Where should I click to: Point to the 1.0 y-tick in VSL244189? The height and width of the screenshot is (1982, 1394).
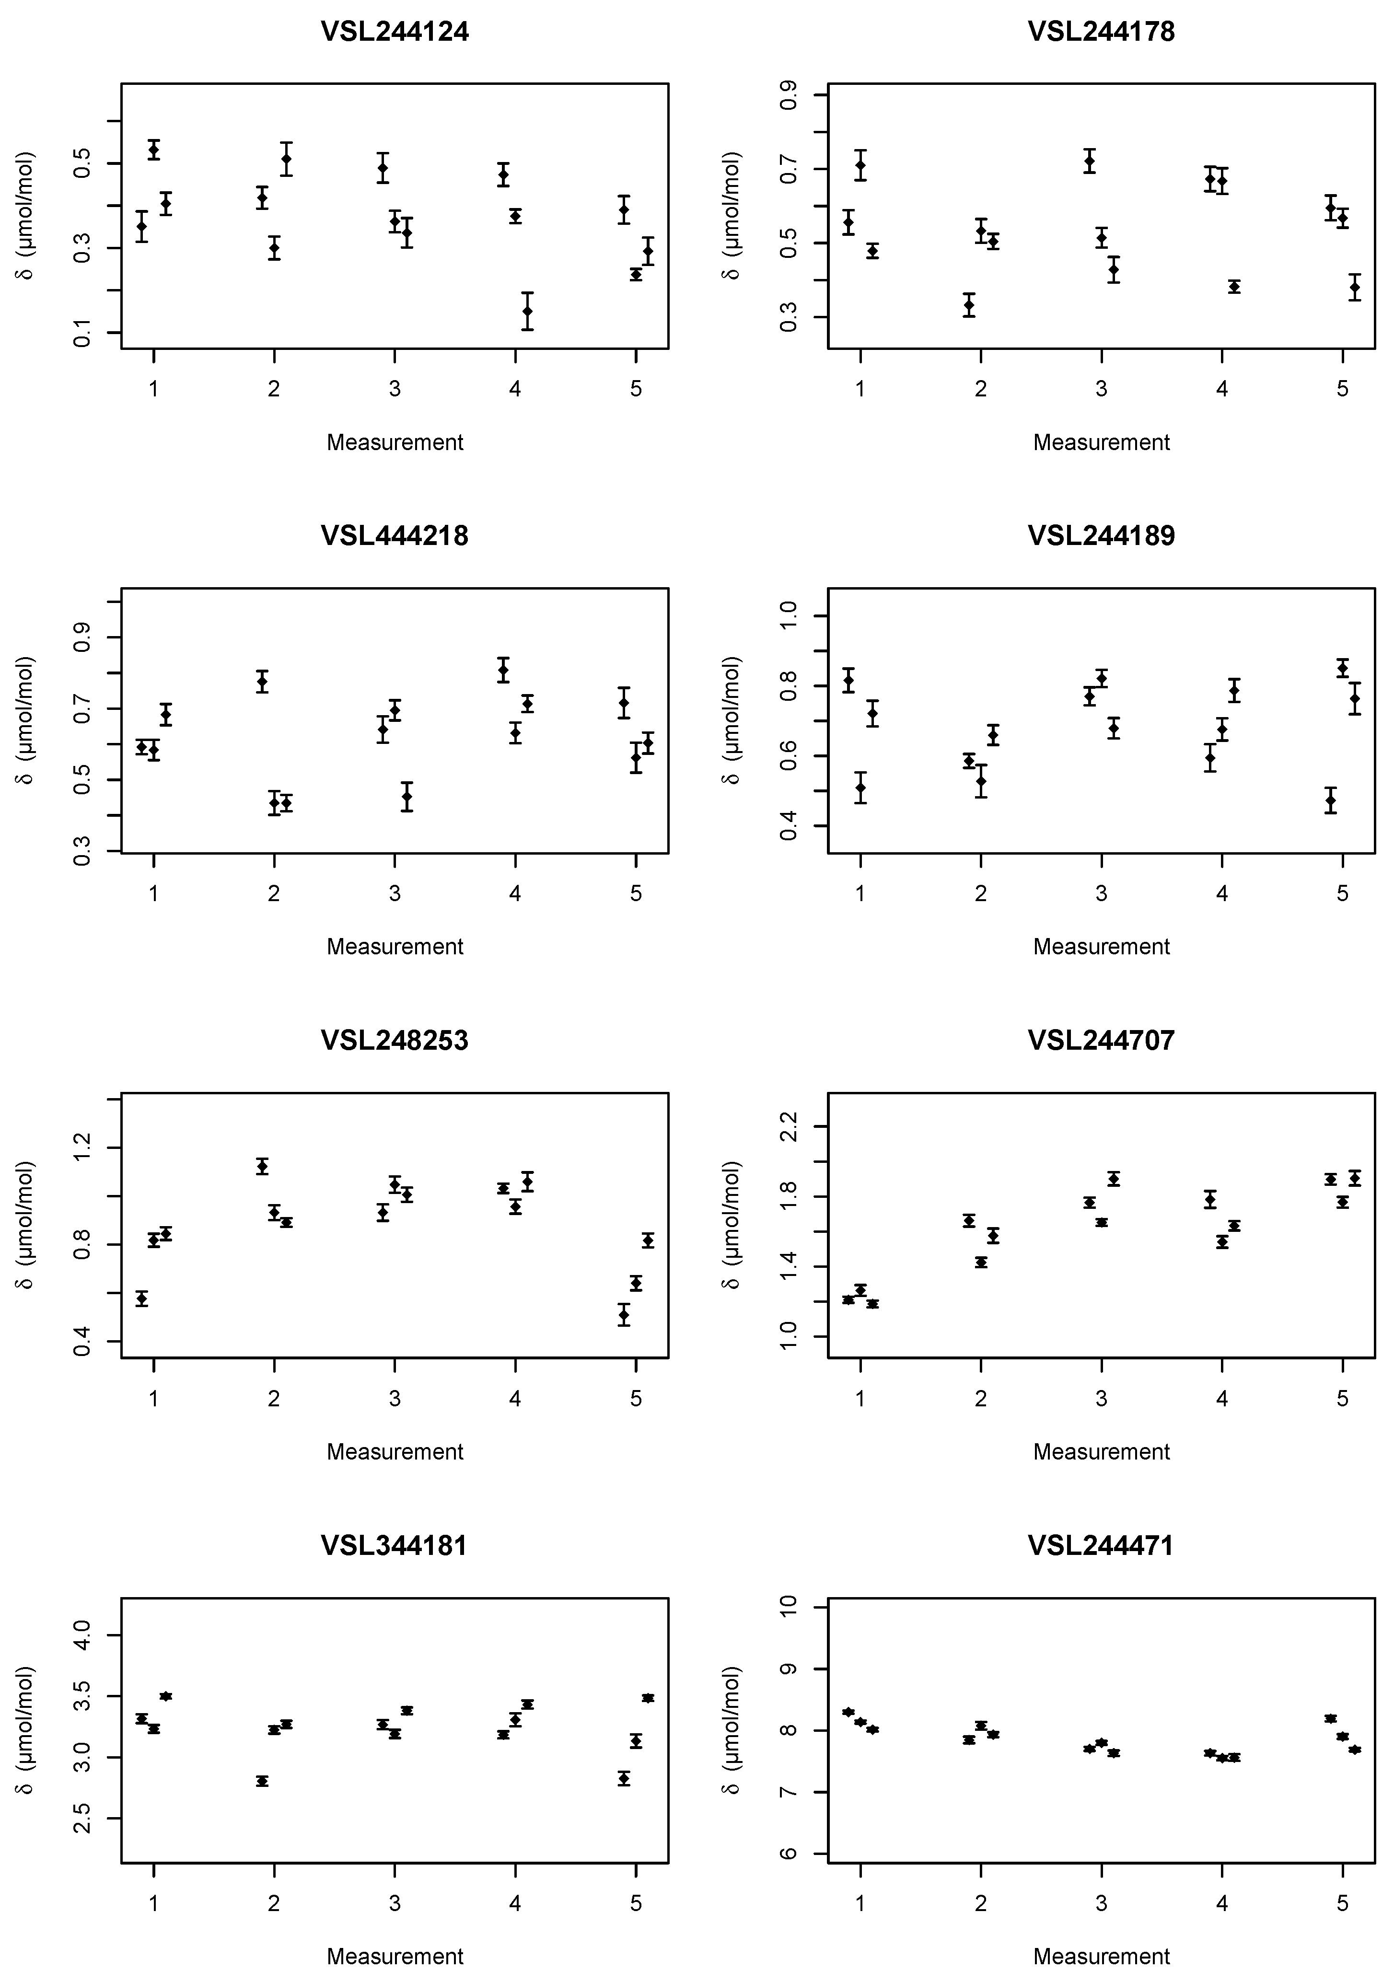click(x=789, y=615)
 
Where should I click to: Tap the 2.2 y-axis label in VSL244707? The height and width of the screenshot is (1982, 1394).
click(x=789, y=1126)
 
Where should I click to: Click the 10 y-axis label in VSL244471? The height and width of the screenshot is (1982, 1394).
click(x=789, y=1607)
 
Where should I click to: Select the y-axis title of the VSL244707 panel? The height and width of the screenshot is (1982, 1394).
click(x=732, y=1226)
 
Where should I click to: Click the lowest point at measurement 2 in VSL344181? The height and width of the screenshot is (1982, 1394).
click(x=262, y=1781)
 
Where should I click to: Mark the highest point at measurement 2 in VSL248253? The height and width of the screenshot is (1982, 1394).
click(x=262, y=1166)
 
